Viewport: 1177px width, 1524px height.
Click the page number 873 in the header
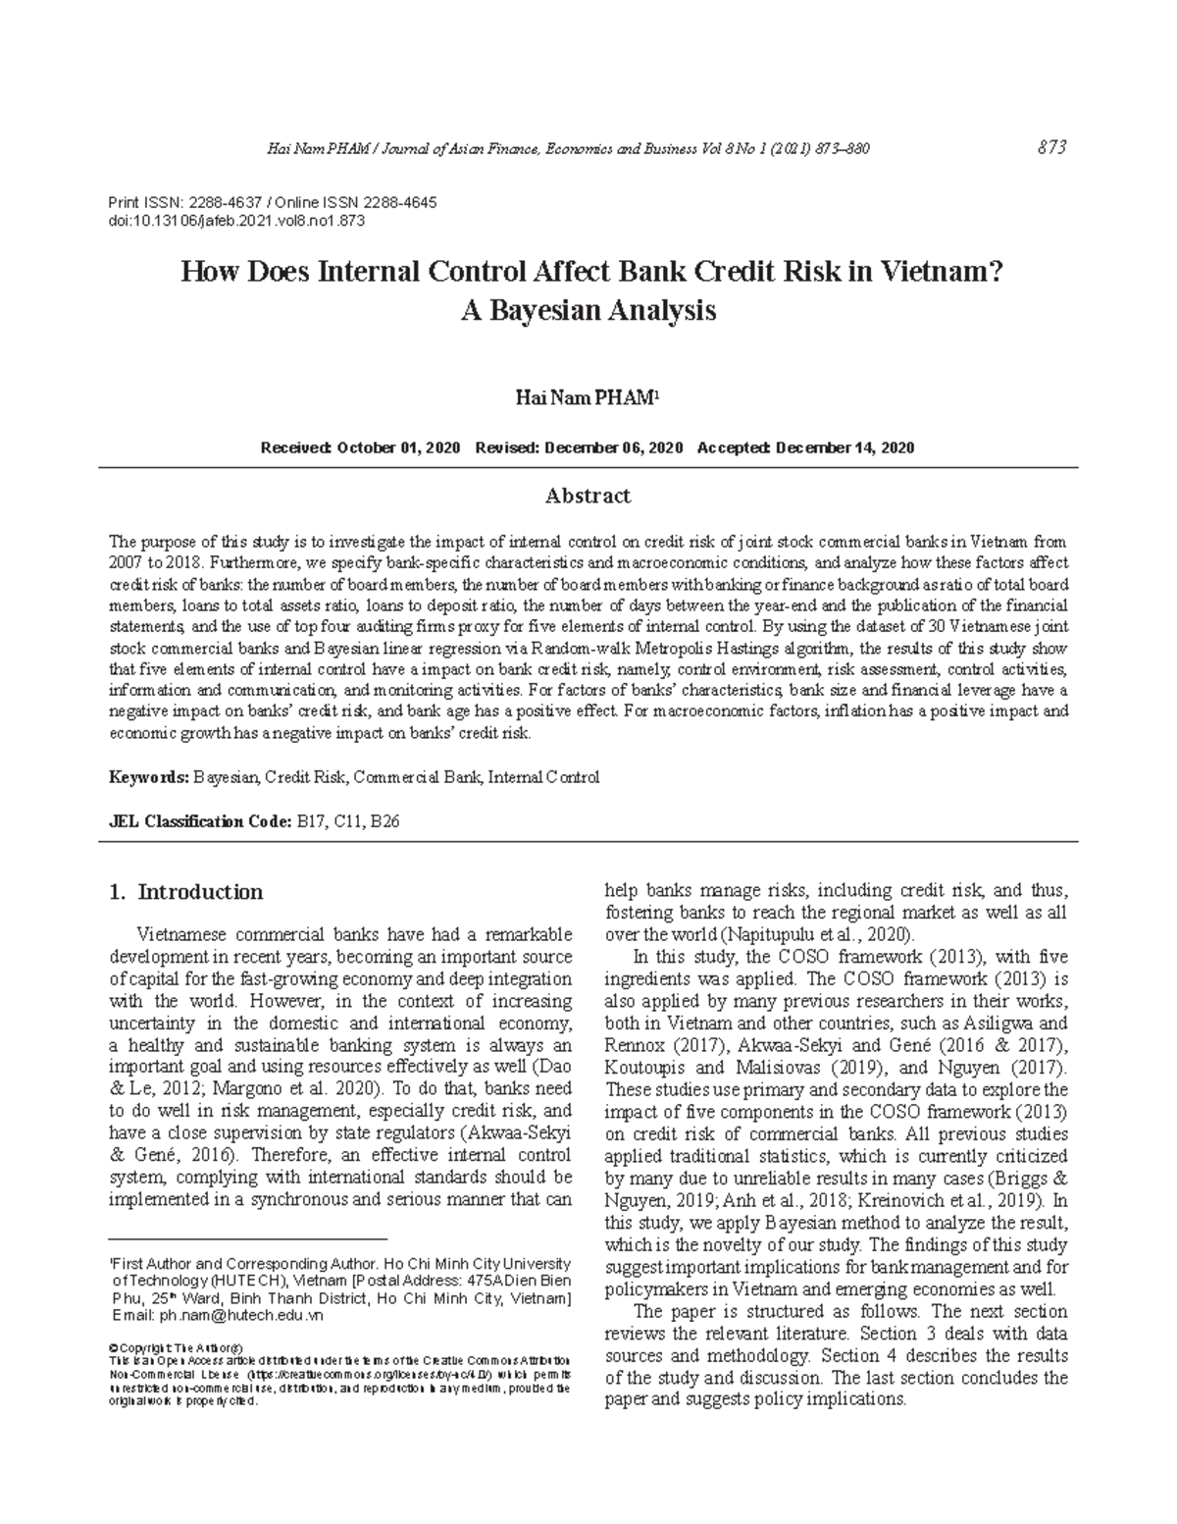1050,148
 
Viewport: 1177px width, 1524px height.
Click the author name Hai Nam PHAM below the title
586,397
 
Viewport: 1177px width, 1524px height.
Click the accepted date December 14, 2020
844,447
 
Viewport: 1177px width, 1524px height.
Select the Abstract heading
588,496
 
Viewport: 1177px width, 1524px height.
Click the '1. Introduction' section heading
186,892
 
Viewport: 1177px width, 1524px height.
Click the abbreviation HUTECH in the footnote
252,1281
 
